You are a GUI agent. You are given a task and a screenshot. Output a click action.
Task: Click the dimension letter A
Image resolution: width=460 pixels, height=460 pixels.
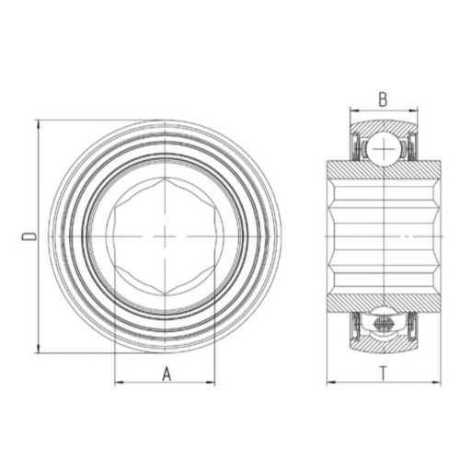click(x=167, y=374)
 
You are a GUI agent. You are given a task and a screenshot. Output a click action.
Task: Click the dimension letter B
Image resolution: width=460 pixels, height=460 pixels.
click(x=383, y=99)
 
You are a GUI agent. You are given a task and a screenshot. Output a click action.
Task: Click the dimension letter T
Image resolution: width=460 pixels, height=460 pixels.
click(x=384, y=374)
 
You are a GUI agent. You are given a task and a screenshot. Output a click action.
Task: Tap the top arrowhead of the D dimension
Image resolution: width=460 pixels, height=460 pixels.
click(x=39, y=124)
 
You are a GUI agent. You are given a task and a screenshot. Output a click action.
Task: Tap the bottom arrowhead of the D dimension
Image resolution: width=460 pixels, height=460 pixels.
click(x=39, y=349)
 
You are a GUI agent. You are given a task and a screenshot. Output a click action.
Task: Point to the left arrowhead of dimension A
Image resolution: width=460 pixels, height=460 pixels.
click(x=119, y=383)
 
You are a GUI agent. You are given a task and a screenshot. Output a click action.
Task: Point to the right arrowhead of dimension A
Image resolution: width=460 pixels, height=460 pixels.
click(x=211, y=383)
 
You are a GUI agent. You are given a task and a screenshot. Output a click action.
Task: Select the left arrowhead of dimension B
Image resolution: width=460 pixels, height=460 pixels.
click(x=354, y=110)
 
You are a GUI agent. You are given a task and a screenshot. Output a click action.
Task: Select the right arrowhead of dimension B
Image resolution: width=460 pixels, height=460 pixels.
click(x=413, y=110)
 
